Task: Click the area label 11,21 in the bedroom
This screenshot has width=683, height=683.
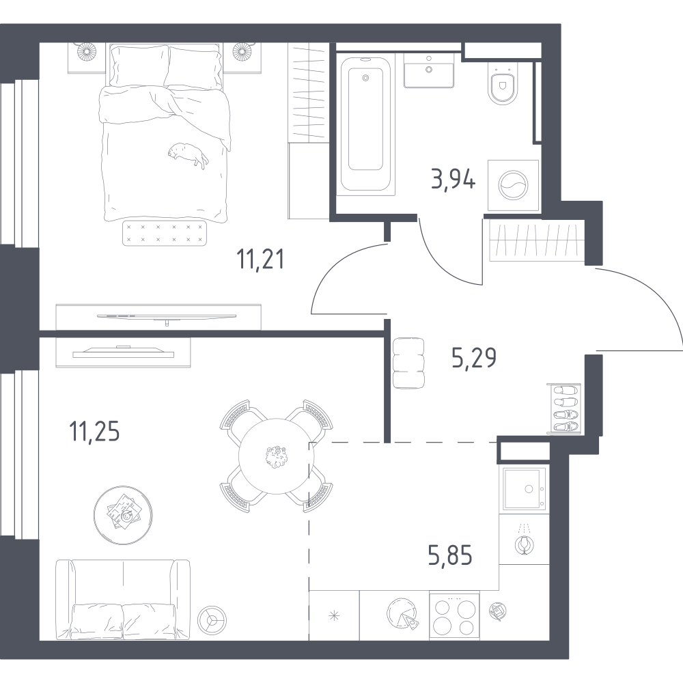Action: pos(260,259)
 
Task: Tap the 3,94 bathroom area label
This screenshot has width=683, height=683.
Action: pos(453,179)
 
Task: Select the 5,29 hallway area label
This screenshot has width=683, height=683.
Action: pos(474,358)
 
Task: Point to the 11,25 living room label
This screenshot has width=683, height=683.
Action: pos(94,432)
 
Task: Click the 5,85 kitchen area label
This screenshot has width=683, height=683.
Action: pos(450,555)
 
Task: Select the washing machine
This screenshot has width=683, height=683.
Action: pos(513,186)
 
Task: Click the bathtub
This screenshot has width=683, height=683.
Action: pos(365,124)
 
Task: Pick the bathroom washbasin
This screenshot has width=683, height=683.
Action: pos(429,70)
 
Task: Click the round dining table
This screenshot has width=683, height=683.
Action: pos(276,456)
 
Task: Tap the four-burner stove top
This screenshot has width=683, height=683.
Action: pos(454,615)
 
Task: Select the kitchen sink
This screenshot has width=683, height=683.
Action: pos(525,488)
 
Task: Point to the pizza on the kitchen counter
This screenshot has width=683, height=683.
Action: pos(402,613)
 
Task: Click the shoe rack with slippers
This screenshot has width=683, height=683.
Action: pos(564,408)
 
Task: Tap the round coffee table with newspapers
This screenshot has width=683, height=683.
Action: pos(123,515)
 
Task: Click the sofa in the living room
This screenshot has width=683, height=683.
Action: pos(123,600)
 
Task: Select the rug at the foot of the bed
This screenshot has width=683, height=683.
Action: pos(164,233)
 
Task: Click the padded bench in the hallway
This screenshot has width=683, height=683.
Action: pos(408,363)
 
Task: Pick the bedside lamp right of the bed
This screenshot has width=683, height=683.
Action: pos(242,51)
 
